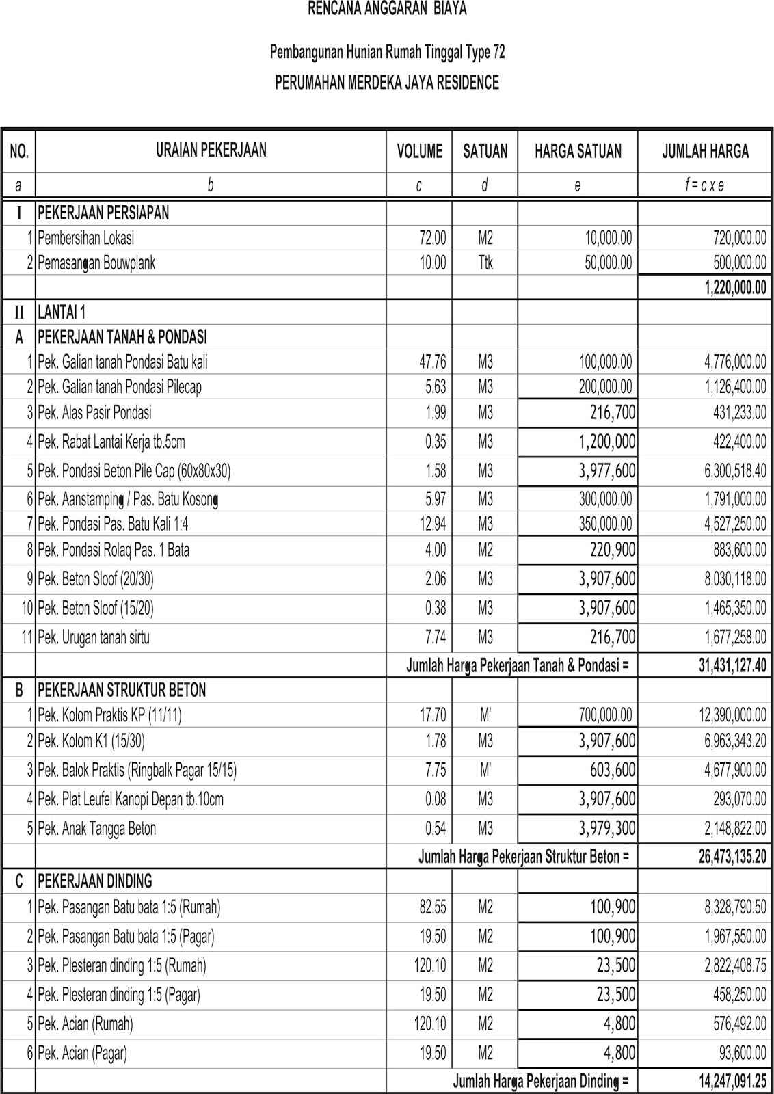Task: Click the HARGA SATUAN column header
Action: (578, 151)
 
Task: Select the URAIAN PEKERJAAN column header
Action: (211, 150)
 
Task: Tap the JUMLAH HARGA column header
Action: (705, 151)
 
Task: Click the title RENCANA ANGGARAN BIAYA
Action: (387, 9)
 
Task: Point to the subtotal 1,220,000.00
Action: (735, 288)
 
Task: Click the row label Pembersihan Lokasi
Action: (86, 238)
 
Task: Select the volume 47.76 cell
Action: (432, 362)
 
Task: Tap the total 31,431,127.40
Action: (732, 665)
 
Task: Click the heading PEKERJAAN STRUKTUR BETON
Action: (122, 690)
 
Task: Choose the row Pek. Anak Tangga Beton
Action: (97, 829)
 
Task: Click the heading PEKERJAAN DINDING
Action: (95, 881)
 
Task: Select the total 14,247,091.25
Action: (732, 1081)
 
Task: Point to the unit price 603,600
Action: (613, 770)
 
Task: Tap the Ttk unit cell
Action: (485, 263)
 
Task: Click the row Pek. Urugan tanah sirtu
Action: (94, 637)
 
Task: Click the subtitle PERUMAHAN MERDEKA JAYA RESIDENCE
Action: (387, 83)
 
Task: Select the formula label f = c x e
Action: (704, 185)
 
